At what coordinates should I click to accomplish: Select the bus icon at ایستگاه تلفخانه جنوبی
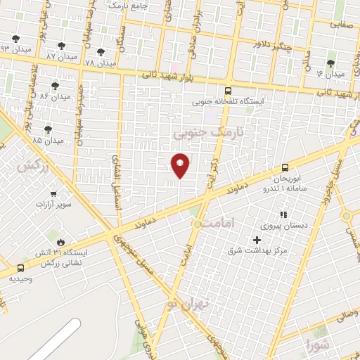pos(227,91)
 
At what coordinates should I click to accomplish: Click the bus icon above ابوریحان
pos(285,167)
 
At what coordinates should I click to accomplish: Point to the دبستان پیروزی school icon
pos(283,214)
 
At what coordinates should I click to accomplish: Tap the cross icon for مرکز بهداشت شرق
pos(257,240)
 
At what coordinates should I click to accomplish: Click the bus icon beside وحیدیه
pos(20,268)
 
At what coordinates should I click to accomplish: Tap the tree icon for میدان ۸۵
pos(48,129)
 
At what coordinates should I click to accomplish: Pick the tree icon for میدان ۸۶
pos(55,85)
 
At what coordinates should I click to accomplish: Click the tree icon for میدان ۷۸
pos(101,51)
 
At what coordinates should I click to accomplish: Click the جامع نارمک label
pos(138,5)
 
